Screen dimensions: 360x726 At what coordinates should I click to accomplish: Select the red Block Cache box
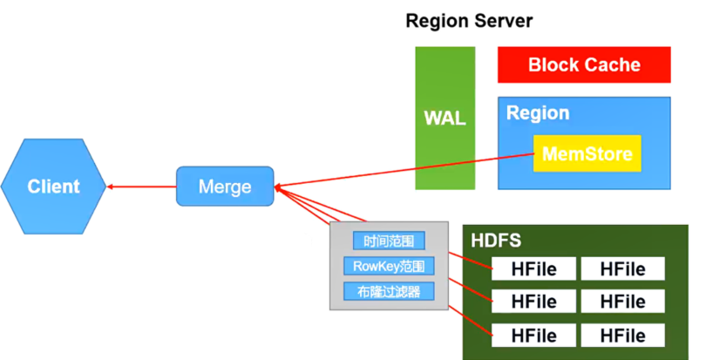(x=584, y=65)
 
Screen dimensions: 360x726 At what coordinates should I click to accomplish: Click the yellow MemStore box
(x=587, y=153)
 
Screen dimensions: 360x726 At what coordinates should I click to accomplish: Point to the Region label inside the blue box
(x=538, y=113)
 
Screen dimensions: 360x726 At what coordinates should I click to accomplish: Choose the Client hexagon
(x=53, y=186)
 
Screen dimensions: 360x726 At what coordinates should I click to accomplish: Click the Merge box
(x=225, y=187)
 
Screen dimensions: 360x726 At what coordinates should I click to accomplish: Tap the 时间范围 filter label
(x=389, y=241)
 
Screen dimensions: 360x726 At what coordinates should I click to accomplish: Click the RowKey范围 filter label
(x=389, y=266)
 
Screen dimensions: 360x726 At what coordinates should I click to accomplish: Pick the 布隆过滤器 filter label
(x=389, y=291)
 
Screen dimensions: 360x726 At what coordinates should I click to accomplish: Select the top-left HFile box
(x=534, y=268)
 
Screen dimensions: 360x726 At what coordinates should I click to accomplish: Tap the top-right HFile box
(x=622, y=268)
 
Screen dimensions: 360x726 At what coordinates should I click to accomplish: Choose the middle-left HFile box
(x=534, y=302)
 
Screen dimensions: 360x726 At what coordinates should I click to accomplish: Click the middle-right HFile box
(x=622, y=302)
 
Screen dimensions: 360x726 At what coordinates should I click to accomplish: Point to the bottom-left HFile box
(x=534, y=336)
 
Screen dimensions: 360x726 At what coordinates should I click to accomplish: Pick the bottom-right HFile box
(x=622, y=336)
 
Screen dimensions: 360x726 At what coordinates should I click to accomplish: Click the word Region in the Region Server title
(x=438, y=20)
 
